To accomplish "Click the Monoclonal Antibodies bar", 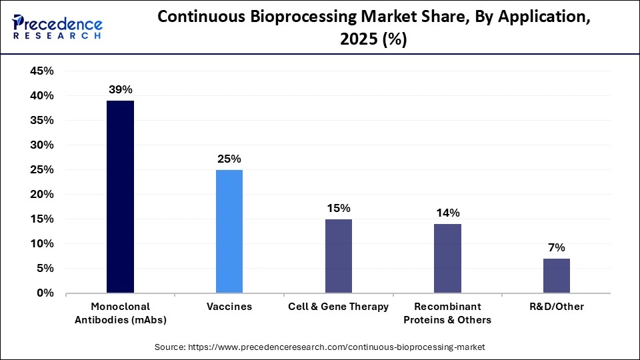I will [x=121, y=197].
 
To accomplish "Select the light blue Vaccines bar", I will [x=229, y=231].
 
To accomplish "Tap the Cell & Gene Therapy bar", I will [x=338, y=256].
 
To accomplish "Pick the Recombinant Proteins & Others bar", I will [x=447, y=259].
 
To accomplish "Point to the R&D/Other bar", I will [x=556, y=275].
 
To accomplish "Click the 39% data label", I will [x=121, y=89].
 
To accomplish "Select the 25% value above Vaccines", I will [x=229, y=159].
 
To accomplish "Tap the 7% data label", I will [x=556, y=247].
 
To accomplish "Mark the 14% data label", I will [x=447, y=213].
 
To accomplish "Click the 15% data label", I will [x=338, y=208].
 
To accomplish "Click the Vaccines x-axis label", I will [x=229, y=307].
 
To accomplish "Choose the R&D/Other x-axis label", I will [x=556, y=307].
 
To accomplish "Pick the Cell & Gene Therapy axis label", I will [x=338, y=307].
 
